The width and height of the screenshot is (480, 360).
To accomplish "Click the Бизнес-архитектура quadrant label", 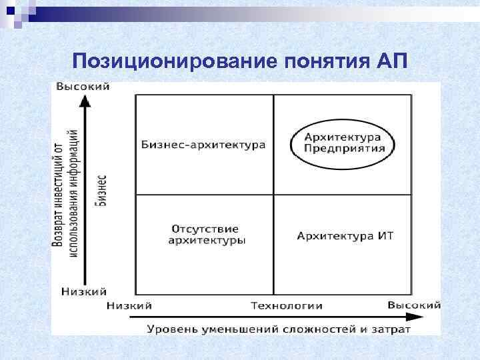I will pyautogui.click(x=203, y=145).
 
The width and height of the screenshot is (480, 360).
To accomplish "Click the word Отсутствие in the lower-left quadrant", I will pyautogui.click(x=205, y=229).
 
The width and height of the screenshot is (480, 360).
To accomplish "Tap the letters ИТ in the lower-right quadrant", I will pyautogui.click(x=385, y=236).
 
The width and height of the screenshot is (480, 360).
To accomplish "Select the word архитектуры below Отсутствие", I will pyautogui.click(x=205, y=240).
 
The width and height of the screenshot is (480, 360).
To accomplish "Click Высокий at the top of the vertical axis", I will pyautogui.click(x=83, y=87).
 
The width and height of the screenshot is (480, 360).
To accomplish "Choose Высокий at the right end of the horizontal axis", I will pyautogui.click(x=413, y=305).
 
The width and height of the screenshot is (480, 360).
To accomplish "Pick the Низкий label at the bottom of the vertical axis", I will pyautogui.click(x=84, y=291).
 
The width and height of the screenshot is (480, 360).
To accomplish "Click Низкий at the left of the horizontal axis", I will pyautogui.click(x=129, y=305).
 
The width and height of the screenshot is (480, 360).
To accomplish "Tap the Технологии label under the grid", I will pyautogui.click(x=287, y=305).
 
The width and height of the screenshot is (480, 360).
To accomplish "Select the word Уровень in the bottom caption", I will pyautogui.click(x=171, y=329).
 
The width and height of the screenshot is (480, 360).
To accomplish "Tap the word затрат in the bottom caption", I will pyautogui.click(x=393, y=329).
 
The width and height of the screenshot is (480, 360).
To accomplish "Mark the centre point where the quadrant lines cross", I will pyautogui.click(x=273, y=195).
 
